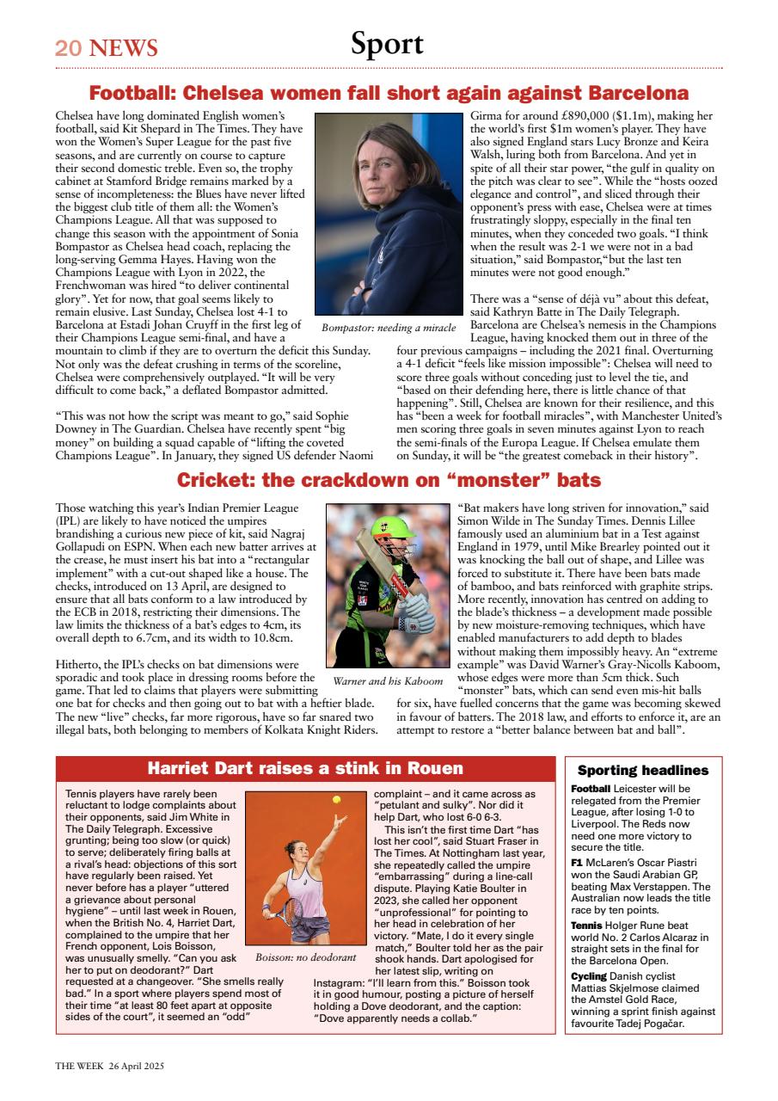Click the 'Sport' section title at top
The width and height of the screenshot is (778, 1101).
[387, 44]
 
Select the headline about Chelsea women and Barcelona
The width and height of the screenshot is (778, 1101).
[389, 93]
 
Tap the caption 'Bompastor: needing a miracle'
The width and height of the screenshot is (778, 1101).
[389, 328]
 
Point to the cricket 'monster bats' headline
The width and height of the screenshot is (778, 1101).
[389, 480]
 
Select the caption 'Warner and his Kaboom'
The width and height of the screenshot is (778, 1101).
[389, 681]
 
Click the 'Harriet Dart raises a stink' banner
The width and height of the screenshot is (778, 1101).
[305, 768]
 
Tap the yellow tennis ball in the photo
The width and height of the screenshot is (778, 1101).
[336, 800]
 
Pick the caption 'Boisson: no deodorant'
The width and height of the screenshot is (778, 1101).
[305, 956]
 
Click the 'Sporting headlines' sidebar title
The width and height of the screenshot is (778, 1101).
[643, 771]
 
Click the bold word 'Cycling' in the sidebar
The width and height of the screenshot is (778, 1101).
[589, 976]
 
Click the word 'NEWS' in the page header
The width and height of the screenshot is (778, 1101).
[123, 47]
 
